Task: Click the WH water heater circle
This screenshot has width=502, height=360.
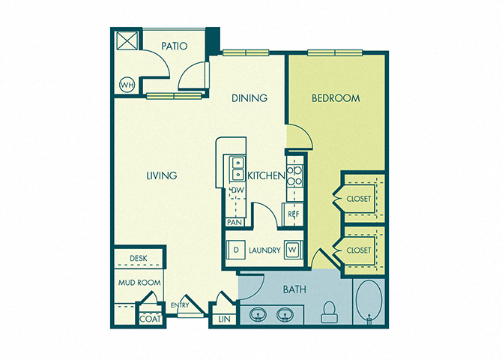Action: [x=127, y=85]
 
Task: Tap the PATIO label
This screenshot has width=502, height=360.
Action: [x=174, y=46]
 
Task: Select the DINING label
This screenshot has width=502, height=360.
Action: [x=250, y=97]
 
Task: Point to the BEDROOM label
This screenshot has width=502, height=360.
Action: [x=336, y=98]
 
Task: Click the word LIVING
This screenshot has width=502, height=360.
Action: [x=162, y=175]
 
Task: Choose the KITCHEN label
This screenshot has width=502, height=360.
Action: [x=266, y=175]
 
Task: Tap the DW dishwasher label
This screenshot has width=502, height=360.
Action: [x=238, y=190]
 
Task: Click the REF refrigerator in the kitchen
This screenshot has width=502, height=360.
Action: [x=293, y=214]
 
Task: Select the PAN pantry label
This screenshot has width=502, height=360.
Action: [x=235, y=222]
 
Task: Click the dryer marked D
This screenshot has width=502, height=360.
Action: [x=236, y=250]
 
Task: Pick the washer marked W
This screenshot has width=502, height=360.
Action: [x=292, y=250]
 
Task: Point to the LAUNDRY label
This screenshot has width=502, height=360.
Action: [x=264, y=250]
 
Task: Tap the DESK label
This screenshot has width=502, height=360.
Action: [x=139, y=258]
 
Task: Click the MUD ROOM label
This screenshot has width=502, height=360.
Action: [x=139, y=283]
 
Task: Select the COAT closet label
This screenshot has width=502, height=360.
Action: [x=150, y=319]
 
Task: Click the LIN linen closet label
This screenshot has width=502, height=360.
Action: [x=224, y=319]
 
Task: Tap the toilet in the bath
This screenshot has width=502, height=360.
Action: [x=330, y=311]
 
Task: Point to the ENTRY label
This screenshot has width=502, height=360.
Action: [x=180, y=305]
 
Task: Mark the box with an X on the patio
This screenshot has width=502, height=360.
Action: [x=127, y=40]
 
